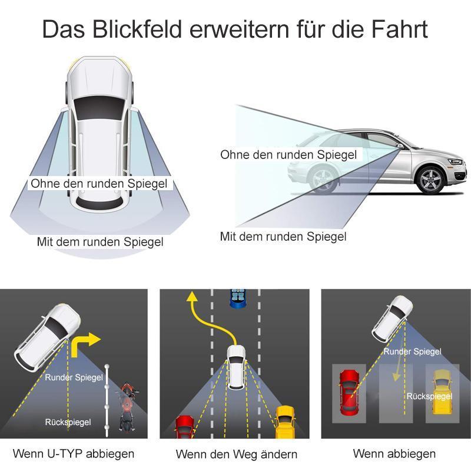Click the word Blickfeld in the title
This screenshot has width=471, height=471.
coord(137,29)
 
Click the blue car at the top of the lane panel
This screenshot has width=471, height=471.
coord(238,298)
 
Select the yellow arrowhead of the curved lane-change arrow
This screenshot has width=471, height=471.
coord(192,296)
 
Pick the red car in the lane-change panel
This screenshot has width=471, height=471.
coord(184,427)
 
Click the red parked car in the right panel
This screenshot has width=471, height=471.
coord(349,392)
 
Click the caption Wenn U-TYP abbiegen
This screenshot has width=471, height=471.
coord(74,453)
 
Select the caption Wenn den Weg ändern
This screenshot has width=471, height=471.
coord(237,454)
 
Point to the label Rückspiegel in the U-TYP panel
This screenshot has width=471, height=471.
coord(68,422)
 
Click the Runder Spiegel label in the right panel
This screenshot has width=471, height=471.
coord(413,351)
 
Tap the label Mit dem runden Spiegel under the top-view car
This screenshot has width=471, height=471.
coord(100,242)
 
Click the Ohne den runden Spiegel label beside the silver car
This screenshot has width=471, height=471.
coord(288,155)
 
